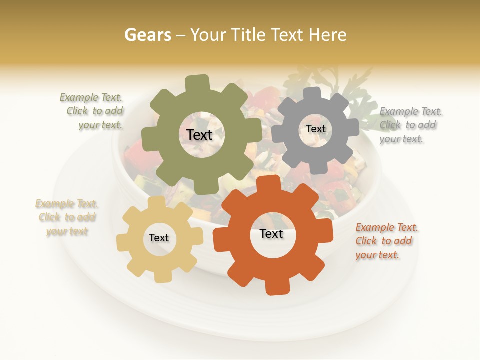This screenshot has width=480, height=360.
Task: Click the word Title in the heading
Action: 247,35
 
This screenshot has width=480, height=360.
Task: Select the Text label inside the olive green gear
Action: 199,135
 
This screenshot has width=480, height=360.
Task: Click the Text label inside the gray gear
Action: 315,129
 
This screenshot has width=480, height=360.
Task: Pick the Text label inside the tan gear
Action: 159,238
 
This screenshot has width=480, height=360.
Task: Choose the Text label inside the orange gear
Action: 271,233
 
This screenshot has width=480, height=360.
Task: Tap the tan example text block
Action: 67,217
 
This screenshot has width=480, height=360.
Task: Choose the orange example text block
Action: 386,241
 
